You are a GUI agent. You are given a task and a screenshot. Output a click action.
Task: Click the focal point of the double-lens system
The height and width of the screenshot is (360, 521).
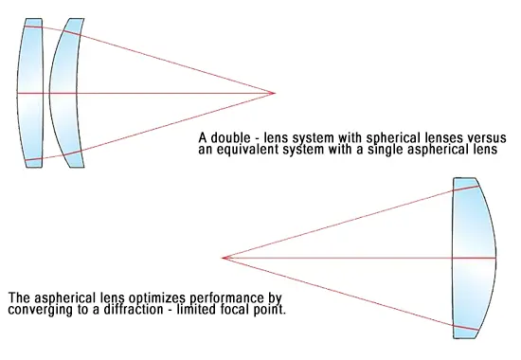pyautogui.click(x=274, y=93)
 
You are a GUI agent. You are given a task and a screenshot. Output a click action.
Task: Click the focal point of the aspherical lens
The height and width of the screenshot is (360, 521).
pyautogui.click(x=223, y=257)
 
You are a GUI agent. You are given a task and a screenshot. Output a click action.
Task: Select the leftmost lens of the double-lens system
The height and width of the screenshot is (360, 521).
pyautogui.click(x=31, y=93)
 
